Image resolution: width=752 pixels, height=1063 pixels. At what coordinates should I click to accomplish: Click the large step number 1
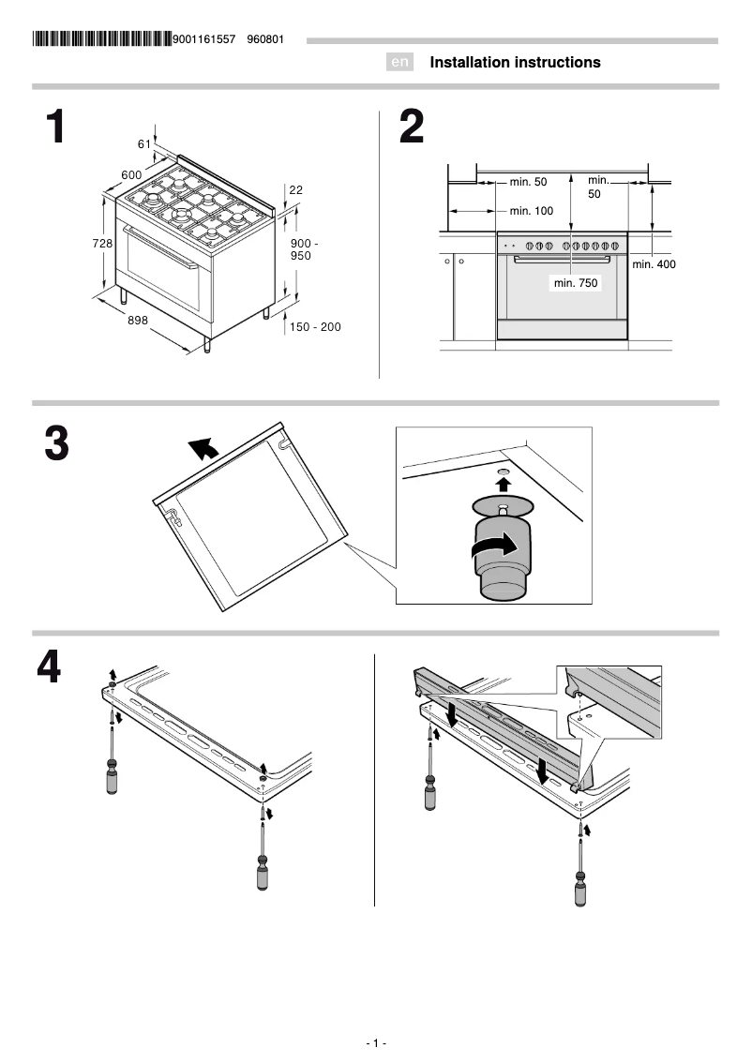click(57, 127)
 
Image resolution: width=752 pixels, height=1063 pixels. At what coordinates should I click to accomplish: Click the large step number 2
click(412, 127)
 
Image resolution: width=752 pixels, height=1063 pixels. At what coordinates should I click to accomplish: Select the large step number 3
click(57, 444)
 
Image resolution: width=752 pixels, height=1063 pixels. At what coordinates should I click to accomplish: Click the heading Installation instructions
click(515, 63)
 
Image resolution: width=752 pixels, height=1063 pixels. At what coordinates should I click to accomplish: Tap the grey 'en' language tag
click(400, 63)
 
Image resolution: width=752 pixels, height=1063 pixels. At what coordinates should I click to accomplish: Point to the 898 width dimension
click(138, 321)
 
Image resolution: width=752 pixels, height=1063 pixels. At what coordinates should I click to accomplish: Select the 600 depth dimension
click(131, 175)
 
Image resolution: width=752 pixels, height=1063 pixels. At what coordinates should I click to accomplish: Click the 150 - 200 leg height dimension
click(315, 327)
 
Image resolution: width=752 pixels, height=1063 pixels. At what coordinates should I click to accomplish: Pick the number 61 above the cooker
click(143, 143)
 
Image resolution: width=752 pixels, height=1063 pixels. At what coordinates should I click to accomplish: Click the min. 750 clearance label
click(575, 282)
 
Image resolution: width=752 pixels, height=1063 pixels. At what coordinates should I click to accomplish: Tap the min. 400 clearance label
click(654, 264)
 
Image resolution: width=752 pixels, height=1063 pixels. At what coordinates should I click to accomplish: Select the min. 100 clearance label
click(532, 211)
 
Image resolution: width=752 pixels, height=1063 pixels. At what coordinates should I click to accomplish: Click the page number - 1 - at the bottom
click(376, 1043)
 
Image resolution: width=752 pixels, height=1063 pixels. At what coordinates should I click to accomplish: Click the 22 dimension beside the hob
click(295, 189)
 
